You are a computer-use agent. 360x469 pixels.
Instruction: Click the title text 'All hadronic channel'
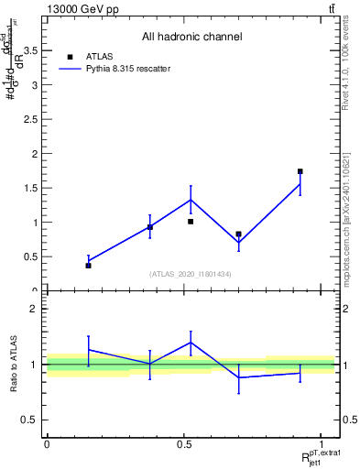point(191,37)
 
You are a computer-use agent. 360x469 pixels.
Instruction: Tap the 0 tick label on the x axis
point(47,444)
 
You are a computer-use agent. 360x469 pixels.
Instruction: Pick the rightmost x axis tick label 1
point(322,444)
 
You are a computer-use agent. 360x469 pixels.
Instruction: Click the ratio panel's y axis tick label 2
point(35,309)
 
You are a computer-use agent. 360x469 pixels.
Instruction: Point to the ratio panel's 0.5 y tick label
point(30,420)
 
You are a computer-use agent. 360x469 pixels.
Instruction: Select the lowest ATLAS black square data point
point(88,265)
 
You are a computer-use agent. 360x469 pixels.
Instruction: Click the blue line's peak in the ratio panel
point(191,343)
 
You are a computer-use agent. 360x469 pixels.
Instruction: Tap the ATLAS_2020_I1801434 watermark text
point(191,274)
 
